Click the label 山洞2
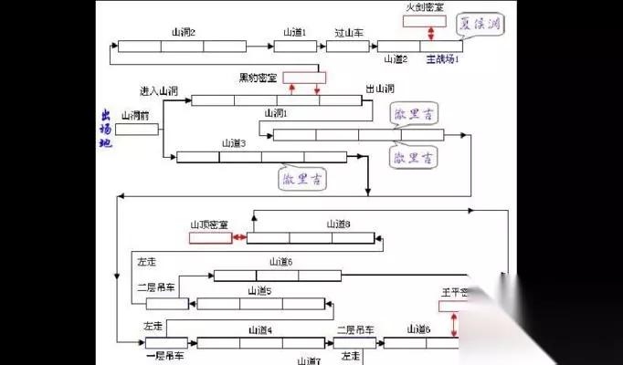coord(183,32)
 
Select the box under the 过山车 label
coord(347,46)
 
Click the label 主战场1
coord(443,59)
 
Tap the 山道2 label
coord(396,59)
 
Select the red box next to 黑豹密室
coord(303,77)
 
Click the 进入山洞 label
coord(158,91)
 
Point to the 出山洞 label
coord(380,89)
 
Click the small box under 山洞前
coord(136,129)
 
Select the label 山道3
coord(234,143)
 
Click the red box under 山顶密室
coord(210,238)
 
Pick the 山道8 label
coord(338,224)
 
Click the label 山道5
coord(259,290)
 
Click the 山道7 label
coord(309,360)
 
